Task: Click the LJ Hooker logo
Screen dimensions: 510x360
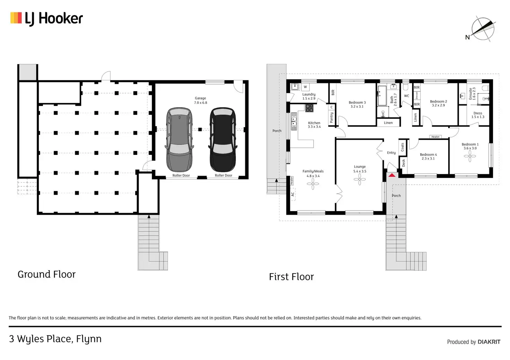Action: point(47,19)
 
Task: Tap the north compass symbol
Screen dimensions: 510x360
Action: point(483,29)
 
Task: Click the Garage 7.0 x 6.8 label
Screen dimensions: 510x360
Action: point(200,100)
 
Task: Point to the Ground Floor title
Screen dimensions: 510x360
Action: point(46,274)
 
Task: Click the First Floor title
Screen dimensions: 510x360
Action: point(291,277)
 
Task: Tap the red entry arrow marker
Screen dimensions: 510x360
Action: point(392,175)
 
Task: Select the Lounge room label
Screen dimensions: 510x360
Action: point(360,169)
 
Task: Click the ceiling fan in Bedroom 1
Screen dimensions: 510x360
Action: point(470,156)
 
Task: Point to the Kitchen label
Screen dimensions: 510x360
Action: point(314,125)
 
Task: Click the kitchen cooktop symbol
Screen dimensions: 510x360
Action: point(309,108)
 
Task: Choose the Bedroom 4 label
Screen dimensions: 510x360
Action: point(428,157)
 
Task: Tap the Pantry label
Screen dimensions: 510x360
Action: point(332,117)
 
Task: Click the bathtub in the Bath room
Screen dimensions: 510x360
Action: point(382,96)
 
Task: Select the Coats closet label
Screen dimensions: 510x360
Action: point(403,147)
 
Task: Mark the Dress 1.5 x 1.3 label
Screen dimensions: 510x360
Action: point(478,115)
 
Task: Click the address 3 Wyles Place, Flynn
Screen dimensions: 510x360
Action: point(55,339)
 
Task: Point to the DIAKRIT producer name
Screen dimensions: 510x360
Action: point(489,342)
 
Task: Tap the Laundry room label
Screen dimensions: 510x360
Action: point(309,96)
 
